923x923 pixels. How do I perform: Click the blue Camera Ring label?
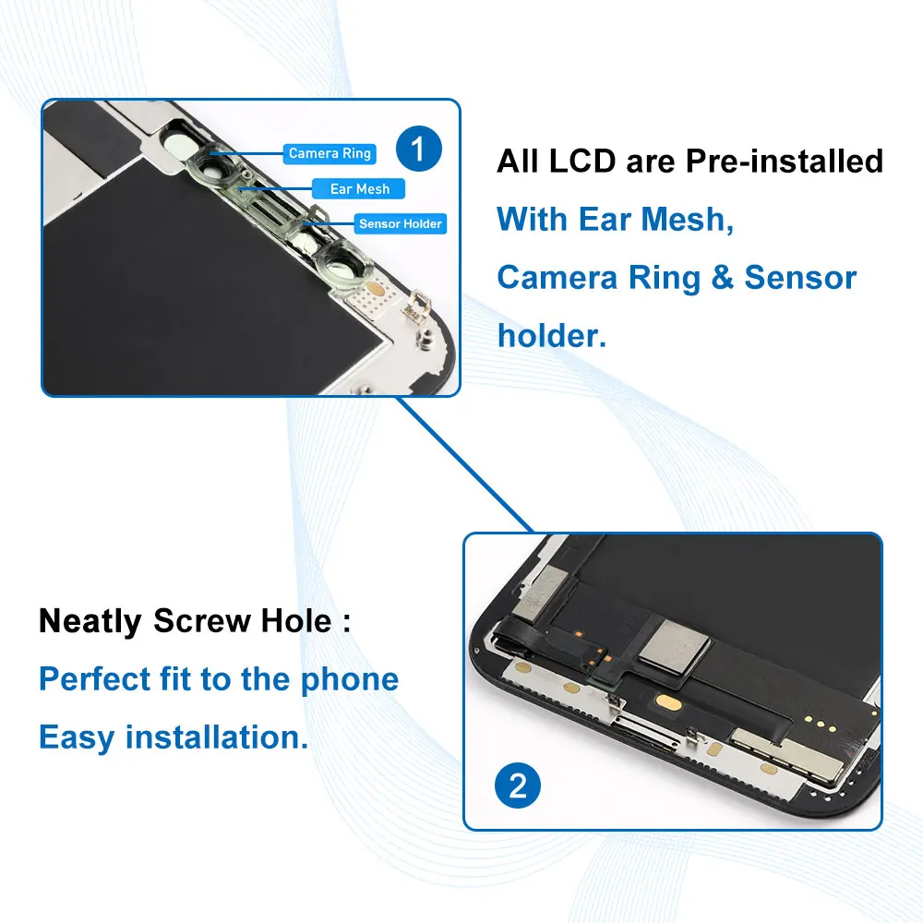(x=330, y=153)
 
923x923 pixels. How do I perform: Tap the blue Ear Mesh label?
(x=360, y=189)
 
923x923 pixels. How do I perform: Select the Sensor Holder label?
(x=401, y=224)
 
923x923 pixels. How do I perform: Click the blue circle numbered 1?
(x=418, y=149)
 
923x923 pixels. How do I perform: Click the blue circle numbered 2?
(x=518, y=785)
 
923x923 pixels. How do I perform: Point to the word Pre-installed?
(x=784, y=162)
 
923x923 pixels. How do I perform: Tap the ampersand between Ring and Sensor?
(x=722, y=278)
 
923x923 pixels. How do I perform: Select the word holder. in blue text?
(x=551, y=335)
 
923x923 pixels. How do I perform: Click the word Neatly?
(x=90, y=621)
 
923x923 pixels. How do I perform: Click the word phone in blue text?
(x=349, y=680)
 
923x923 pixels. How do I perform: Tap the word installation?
(x=216, y=738)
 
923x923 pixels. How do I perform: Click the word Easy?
(x=77, y=738)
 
